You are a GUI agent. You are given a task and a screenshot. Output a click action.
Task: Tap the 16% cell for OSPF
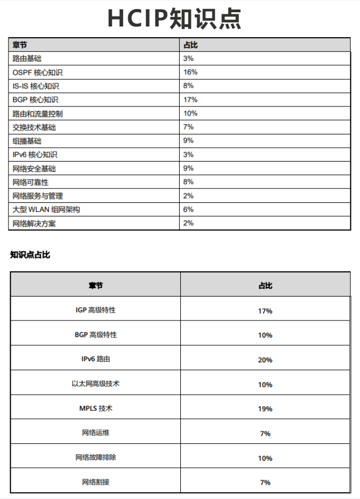pyautogui.click(x=190, y=72)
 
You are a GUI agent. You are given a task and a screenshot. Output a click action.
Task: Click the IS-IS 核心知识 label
pyautogui.click(x=36, y=86)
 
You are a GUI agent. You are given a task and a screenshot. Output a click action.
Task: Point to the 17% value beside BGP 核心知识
pyautogui.click(x=190, y=100)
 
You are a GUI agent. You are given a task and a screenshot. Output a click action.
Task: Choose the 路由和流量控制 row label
pyautogui.click(x=38, y=113)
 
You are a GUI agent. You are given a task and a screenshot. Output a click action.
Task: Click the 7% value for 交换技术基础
pyautogui.click(x=189, y=127)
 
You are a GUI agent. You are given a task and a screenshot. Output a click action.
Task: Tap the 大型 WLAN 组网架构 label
pyautogui.click(x=46, y=210)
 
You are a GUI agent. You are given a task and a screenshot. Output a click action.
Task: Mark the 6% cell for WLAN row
pyautogui.click(x=189, y=210)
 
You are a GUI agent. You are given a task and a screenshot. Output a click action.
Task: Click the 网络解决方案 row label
pyautogui.click(x=34, y=224)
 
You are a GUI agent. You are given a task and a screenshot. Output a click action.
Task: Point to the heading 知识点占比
pyautogui.click(x=30, y=255)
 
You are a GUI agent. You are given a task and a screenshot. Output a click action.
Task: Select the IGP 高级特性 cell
pyautogui.click(x=95, y=310)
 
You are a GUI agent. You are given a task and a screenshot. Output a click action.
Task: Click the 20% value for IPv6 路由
pyautogui.click(x=265, y=360)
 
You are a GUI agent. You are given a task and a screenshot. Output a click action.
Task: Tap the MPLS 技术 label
pyautogui.click(x=95, y=408)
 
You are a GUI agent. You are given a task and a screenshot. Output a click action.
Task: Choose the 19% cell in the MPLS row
pyautogui.click(x=265, y=409)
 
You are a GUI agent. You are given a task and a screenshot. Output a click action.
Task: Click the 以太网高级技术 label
pyautogui.click(x=95, y=384)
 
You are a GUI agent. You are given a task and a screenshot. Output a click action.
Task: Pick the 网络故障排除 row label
pyautogui.click(x=95, y=457)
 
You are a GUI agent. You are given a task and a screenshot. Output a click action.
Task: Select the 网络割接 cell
pyautogui.click(x=95, y=482)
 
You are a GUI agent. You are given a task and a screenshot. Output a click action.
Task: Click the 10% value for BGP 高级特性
pyautogui.click(x=265, y=335)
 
